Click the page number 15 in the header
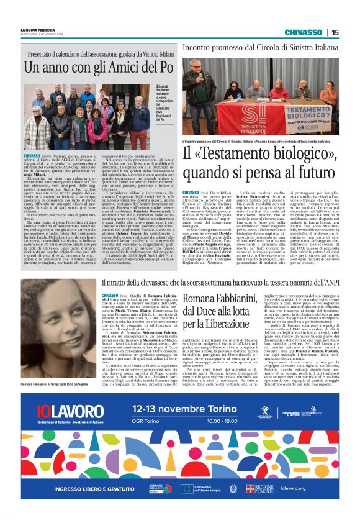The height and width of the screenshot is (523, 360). coord(335,32)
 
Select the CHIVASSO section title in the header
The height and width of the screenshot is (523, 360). coord(304,32)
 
